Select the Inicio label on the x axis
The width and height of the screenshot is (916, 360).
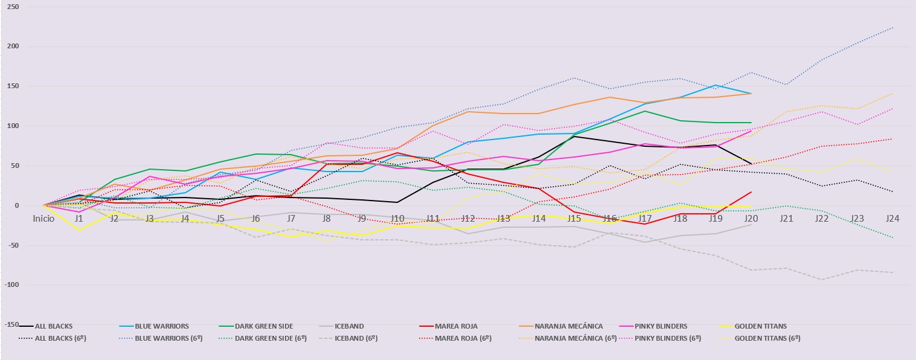(43, 219)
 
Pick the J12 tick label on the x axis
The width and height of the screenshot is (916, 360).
(468, 219)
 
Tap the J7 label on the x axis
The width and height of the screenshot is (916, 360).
(291, 219)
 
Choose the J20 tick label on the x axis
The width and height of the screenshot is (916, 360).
(751, 219)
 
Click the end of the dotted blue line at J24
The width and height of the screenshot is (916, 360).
(893, 27)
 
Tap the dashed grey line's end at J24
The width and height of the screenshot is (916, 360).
(893, 272)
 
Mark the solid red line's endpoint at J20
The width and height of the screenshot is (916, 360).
(751, 192)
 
